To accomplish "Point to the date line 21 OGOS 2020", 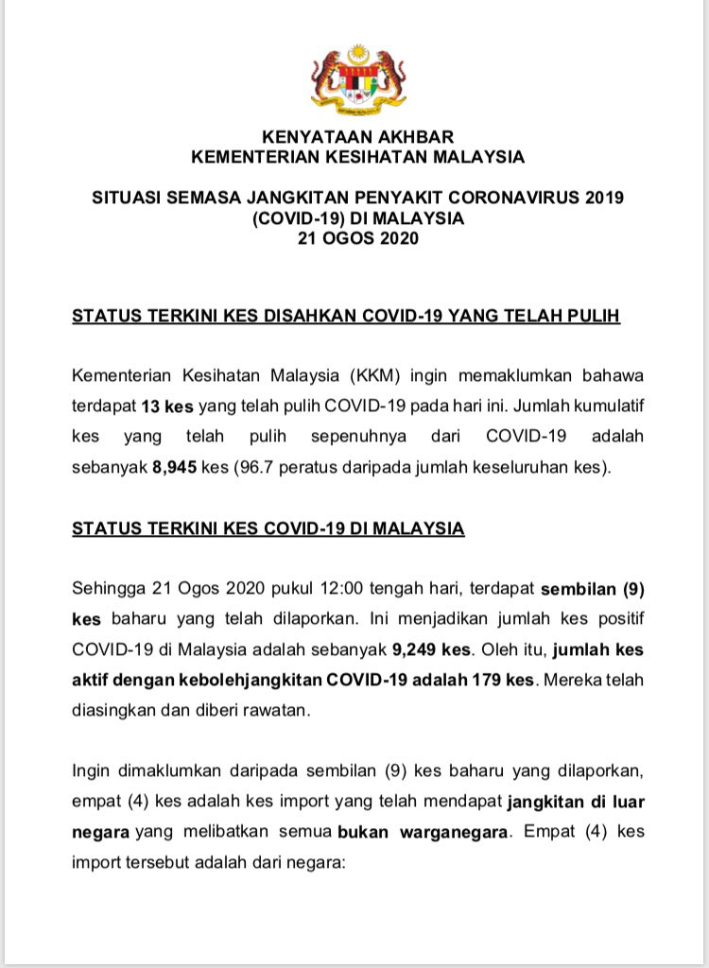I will pos(357,238).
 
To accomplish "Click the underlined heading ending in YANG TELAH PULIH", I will pos(346,316).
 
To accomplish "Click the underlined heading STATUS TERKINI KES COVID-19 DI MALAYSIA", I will pos(268,528).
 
